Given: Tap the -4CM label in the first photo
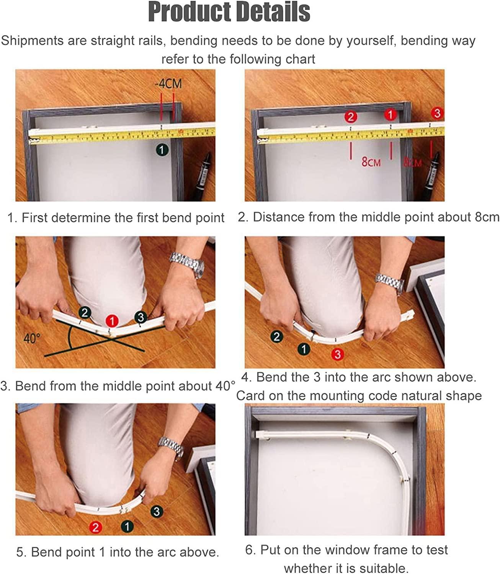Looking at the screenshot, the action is tap(168, 84).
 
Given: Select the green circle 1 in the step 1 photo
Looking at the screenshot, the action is tap(162, 150).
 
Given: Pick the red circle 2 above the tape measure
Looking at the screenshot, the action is tap(351, 117).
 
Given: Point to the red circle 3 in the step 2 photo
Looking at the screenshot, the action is tap(437, 113).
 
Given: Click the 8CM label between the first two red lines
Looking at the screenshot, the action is tap(371, 162).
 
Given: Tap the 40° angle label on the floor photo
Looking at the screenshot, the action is tap(32, 338).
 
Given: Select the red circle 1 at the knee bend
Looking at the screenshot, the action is tap(112, 321).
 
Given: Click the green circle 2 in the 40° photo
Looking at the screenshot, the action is tap(85, 313).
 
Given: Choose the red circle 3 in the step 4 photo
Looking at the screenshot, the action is tap(338, 354).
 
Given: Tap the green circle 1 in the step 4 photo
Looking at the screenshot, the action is tap(304, 349).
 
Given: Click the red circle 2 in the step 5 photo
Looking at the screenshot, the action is tap(95, 528).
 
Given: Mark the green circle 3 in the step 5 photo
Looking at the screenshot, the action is tap(157, 512).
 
